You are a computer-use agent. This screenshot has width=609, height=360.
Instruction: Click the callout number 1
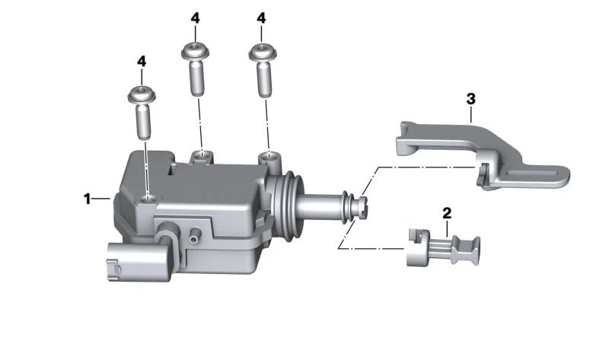tap(87, 199)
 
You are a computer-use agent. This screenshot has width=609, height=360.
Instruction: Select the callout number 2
tap(447, 213)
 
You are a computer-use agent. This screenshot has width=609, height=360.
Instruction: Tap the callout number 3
tap(470, 99)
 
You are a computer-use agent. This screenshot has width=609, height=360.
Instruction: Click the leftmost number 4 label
tap(142, 62)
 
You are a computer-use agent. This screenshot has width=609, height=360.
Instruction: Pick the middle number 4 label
tap(196, 18)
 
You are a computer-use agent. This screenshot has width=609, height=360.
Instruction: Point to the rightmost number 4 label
tap(261, 18)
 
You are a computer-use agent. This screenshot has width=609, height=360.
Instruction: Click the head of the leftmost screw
tap(142, 94)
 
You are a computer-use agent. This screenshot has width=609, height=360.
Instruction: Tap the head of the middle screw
tap(196, 51)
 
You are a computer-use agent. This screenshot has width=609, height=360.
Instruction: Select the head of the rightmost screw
tap(263, 52)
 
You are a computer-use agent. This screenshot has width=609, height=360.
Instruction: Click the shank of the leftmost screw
tap(143, 123)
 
